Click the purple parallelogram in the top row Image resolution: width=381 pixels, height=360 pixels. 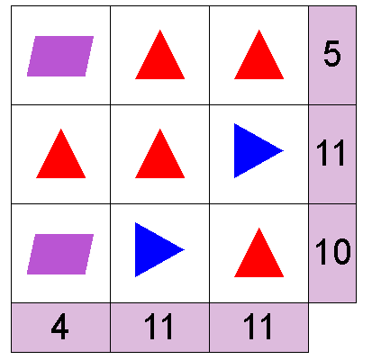[60, 56]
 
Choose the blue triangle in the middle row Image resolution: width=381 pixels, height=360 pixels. [254, 150]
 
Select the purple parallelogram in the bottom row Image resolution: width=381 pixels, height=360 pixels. [60, 254]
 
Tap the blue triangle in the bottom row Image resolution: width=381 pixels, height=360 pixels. [155, 249]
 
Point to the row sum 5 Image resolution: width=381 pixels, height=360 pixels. [332, 54]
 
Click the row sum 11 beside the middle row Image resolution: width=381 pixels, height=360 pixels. [331, 153]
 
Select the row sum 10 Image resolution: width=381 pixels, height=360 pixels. [332, 252]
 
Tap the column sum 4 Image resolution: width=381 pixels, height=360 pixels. [60, 327]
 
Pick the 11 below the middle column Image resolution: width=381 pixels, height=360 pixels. [159, 327]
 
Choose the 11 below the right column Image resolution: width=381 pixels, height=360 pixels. [258, 327]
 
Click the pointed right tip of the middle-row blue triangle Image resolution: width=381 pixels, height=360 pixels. [284, 150]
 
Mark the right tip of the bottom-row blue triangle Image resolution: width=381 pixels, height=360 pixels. [185, 249]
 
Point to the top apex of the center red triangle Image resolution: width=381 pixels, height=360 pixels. [160, 129]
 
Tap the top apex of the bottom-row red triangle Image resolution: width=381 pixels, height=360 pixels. [259, 228]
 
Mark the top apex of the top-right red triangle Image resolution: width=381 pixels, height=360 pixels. [259, 30]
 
